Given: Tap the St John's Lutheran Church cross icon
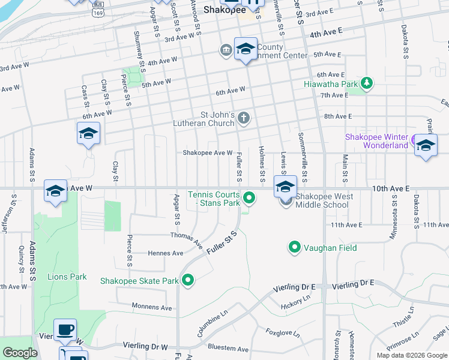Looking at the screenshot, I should coord(243,118).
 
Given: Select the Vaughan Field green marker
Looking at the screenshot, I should coord(294,247).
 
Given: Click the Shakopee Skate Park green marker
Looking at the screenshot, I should coord(188,280).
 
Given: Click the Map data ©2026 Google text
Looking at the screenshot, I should coord(412,355).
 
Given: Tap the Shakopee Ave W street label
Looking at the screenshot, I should coord(208,152).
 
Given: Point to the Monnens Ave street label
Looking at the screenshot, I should coord(153,307).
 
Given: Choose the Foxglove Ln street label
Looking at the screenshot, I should coord(283,332).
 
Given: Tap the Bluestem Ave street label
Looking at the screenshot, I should coord(228,348).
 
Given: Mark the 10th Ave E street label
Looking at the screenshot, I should coord(390,188).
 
